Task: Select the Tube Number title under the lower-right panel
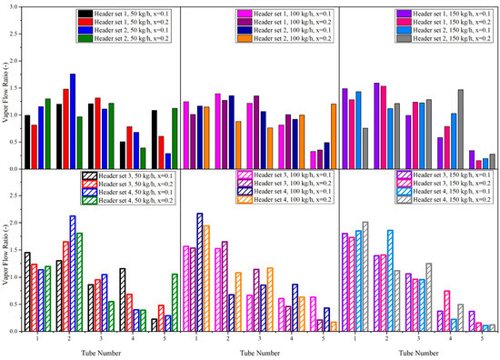click(416, 353)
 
